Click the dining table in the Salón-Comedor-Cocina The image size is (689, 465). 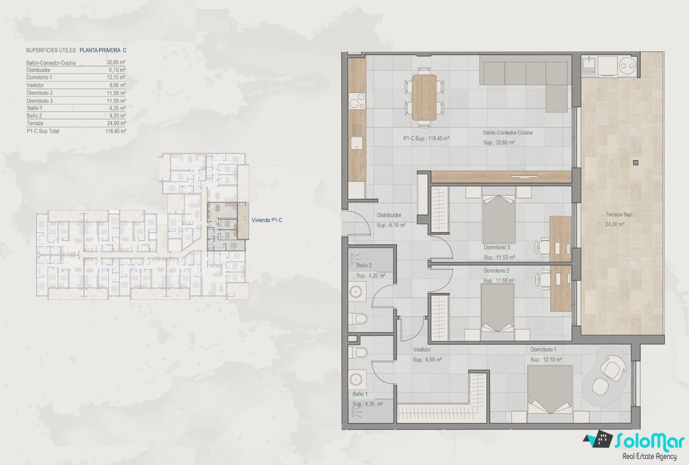pos(424,98)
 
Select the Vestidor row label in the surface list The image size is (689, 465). pos(35,85)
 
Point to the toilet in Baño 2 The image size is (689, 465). pos(358,319)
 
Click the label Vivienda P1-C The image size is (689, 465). pos(267,220)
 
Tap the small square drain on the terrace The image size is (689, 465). pos(636,162)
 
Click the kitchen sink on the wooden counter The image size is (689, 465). pos(357,143)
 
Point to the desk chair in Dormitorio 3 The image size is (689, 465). pos(543,247)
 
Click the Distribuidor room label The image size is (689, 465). pos(389,215)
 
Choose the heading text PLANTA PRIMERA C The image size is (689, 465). pos(103,50)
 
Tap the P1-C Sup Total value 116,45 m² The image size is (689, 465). pos(116,131)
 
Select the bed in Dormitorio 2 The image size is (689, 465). pos(497,308)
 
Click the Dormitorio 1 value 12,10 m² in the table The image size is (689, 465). pos(116,77)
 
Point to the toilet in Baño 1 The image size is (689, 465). pos(358,353)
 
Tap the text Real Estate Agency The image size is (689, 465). pos(649,456)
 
